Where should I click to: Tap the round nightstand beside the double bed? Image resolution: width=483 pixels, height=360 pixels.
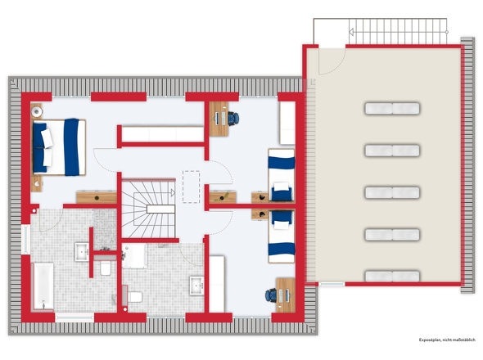point(38,108)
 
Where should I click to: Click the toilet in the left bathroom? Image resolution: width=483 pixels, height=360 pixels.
point(105,268)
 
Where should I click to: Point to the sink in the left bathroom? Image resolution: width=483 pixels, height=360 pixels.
point(82,251)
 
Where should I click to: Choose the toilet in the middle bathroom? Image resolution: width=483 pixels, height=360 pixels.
point(136,295)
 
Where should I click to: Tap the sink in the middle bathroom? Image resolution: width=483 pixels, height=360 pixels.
point(196,286)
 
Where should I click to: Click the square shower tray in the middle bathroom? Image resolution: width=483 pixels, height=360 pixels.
point(135,256)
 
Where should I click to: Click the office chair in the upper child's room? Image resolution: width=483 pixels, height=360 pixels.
point(235,118)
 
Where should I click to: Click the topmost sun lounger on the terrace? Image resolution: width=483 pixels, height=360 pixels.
point(390,108)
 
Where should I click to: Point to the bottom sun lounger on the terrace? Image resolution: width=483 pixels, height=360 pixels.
point(390,276)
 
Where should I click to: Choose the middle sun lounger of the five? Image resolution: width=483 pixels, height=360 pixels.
point(390,191)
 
